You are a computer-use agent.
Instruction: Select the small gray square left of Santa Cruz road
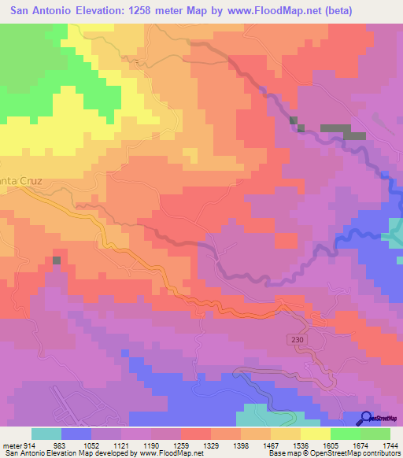pyautogui.click(x=57, y=260)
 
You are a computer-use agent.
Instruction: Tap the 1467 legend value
pyautogui.click(x=254, y=446)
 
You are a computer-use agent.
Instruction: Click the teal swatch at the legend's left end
pyautogui.click(x=46, y=434)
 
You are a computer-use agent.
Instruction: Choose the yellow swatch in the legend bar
pyautogui.click(x=316, y=434)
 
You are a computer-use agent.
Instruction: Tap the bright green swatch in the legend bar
pyautogui.click(x=346, y=434)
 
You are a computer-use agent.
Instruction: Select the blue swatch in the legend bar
pyautogui.click(x=76, y=434)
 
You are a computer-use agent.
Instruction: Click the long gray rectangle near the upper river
pyautogui.click(x=343, y=131)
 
